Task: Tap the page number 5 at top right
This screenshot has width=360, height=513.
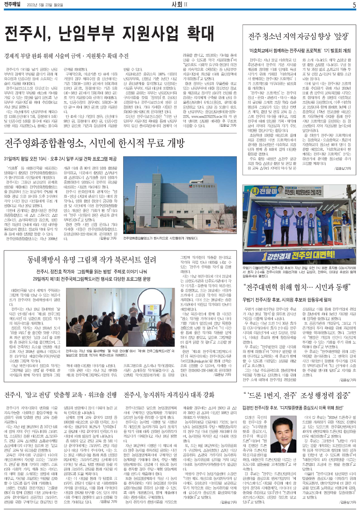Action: [x=354, y=5]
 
